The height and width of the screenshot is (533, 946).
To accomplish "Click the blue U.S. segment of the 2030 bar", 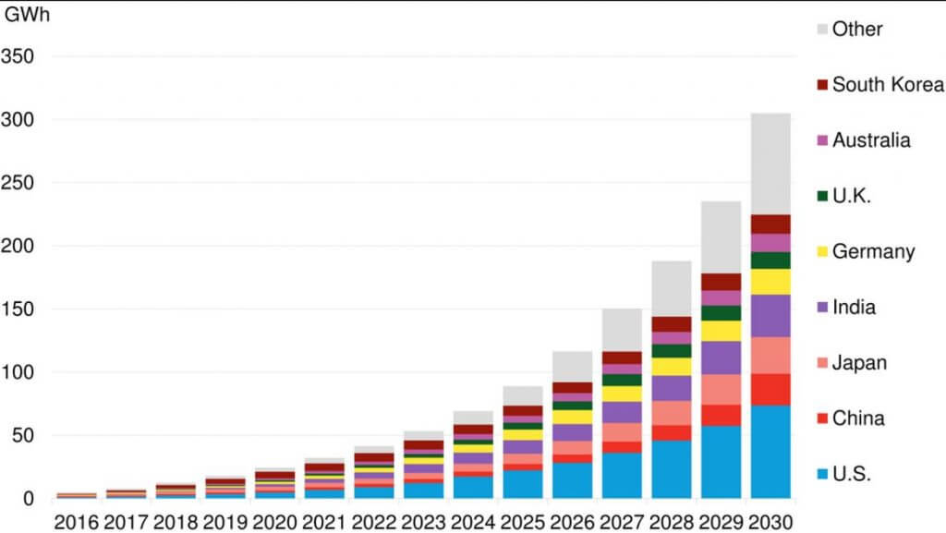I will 770,452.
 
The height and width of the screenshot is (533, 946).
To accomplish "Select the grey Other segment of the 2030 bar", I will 770,164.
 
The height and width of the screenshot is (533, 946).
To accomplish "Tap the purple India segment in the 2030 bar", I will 770,316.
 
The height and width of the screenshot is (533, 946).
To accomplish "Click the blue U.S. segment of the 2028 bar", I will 671,469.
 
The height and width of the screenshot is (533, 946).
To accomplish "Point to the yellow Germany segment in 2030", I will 770,282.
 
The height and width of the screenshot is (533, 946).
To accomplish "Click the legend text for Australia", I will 871,140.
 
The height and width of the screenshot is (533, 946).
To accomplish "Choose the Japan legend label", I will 859,363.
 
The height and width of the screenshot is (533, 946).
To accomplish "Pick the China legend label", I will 858,418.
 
